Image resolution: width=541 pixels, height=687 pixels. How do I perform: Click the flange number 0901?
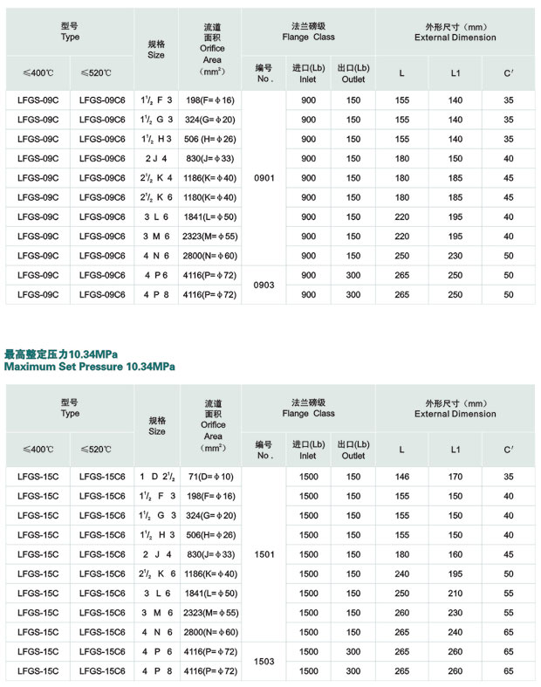(x=264, y=178)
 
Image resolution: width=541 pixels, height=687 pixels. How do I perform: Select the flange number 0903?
(x=264, y=285)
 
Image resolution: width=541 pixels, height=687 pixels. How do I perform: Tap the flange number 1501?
(x=264, y=553)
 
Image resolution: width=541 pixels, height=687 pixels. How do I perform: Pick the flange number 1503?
(x=264, y=662)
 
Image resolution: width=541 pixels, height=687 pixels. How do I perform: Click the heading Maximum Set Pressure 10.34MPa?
(x=89, y=367)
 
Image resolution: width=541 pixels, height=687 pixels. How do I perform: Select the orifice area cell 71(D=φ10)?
(x=209, y=477)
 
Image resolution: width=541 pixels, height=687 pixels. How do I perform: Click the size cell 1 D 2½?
(x=156, y=477)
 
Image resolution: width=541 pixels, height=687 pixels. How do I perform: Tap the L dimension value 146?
(x=401, y=477)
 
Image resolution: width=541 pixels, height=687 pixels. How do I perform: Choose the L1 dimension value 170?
(x=455, y=477)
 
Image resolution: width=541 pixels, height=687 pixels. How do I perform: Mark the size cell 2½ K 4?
(x=156, y=178)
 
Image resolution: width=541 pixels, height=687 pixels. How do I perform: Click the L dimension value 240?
(x=401, y=574)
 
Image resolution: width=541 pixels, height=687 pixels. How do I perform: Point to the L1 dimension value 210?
(x=455, y=593)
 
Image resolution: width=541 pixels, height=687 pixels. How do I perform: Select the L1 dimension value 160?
(x=455, y=553)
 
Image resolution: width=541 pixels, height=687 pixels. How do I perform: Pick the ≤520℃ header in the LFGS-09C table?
(x=96, y=73)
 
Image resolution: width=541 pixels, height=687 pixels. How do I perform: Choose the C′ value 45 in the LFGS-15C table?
(x=509, y=553)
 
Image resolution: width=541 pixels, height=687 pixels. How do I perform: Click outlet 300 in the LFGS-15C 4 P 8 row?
(x=353, y=670)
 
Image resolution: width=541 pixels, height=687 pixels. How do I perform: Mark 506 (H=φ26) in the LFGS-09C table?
(x=209, y=139)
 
